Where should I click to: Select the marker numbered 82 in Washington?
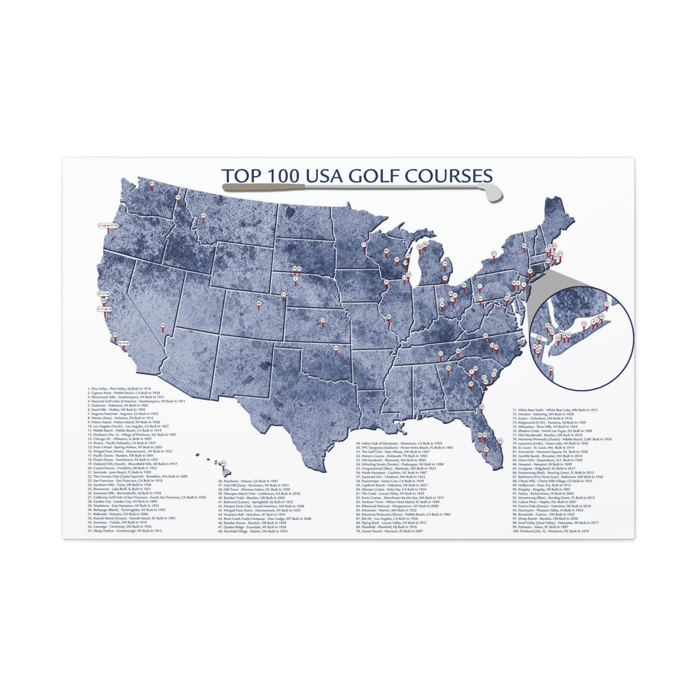(x=152, y=184)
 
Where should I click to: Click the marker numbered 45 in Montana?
(x=203, y=215)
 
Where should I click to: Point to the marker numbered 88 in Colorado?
(x=258, y=303)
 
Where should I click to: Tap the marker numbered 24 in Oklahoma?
(x=336, y=348)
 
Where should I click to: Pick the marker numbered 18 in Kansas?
(x=323, y=320)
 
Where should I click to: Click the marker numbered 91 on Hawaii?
(x=223, y=464)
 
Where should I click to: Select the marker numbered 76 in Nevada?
(x=163, y=325)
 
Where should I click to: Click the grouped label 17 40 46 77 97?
(x=108, y=226)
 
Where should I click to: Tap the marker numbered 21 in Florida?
(x=500, y=441)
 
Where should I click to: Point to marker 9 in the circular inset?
(x=607, y=304)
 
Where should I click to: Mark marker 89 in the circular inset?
(x=550, y=368)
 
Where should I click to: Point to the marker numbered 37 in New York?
(x=493, y=254)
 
